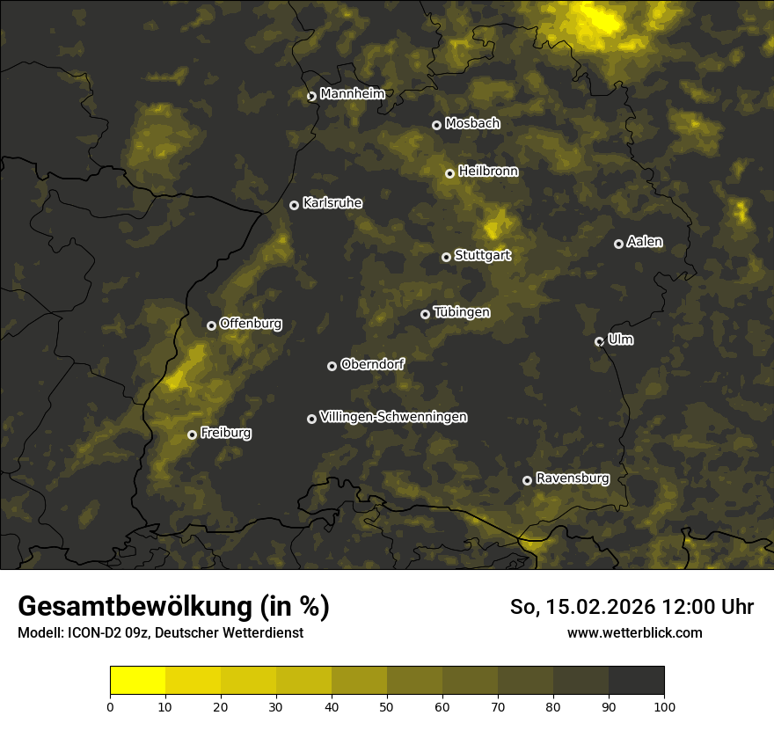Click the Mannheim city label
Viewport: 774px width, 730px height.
tap(352, 94)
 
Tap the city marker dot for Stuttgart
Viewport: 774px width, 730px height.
tap(446, 257)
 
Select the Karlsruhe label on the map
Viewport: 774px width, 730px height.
tap(332, 203)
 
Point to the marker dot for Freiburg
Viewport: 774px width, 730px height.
tap(192, 434)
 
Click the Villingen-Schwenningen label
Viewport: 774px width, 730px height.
tap(393, 417)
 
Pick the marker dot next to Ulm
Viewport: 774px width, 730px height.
tap(599, 341)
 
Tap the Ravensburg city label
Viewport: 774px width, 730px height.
tap(572, 478)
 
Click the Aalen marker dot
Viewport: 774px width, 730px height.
tap(618, 244)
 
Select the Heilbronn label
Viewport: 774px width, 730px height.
tap(488, 172)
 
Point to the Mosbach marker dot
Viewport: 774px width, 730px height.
tap(436, 125)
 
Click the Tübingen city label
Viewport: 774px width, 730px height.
tap(462, 312)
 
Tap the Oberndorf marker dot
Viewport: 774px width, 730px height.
tap(332, 366)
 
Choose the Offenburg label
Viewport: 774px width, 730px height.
tap(251, 324)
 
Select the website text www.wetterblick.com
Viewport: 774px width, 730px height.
tap(634, 632)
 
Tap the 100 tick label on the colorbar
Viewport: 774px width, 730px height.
tap(664, 705)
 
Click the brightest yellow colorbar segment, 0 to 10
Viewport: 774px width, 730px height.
tap(138, 681)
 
